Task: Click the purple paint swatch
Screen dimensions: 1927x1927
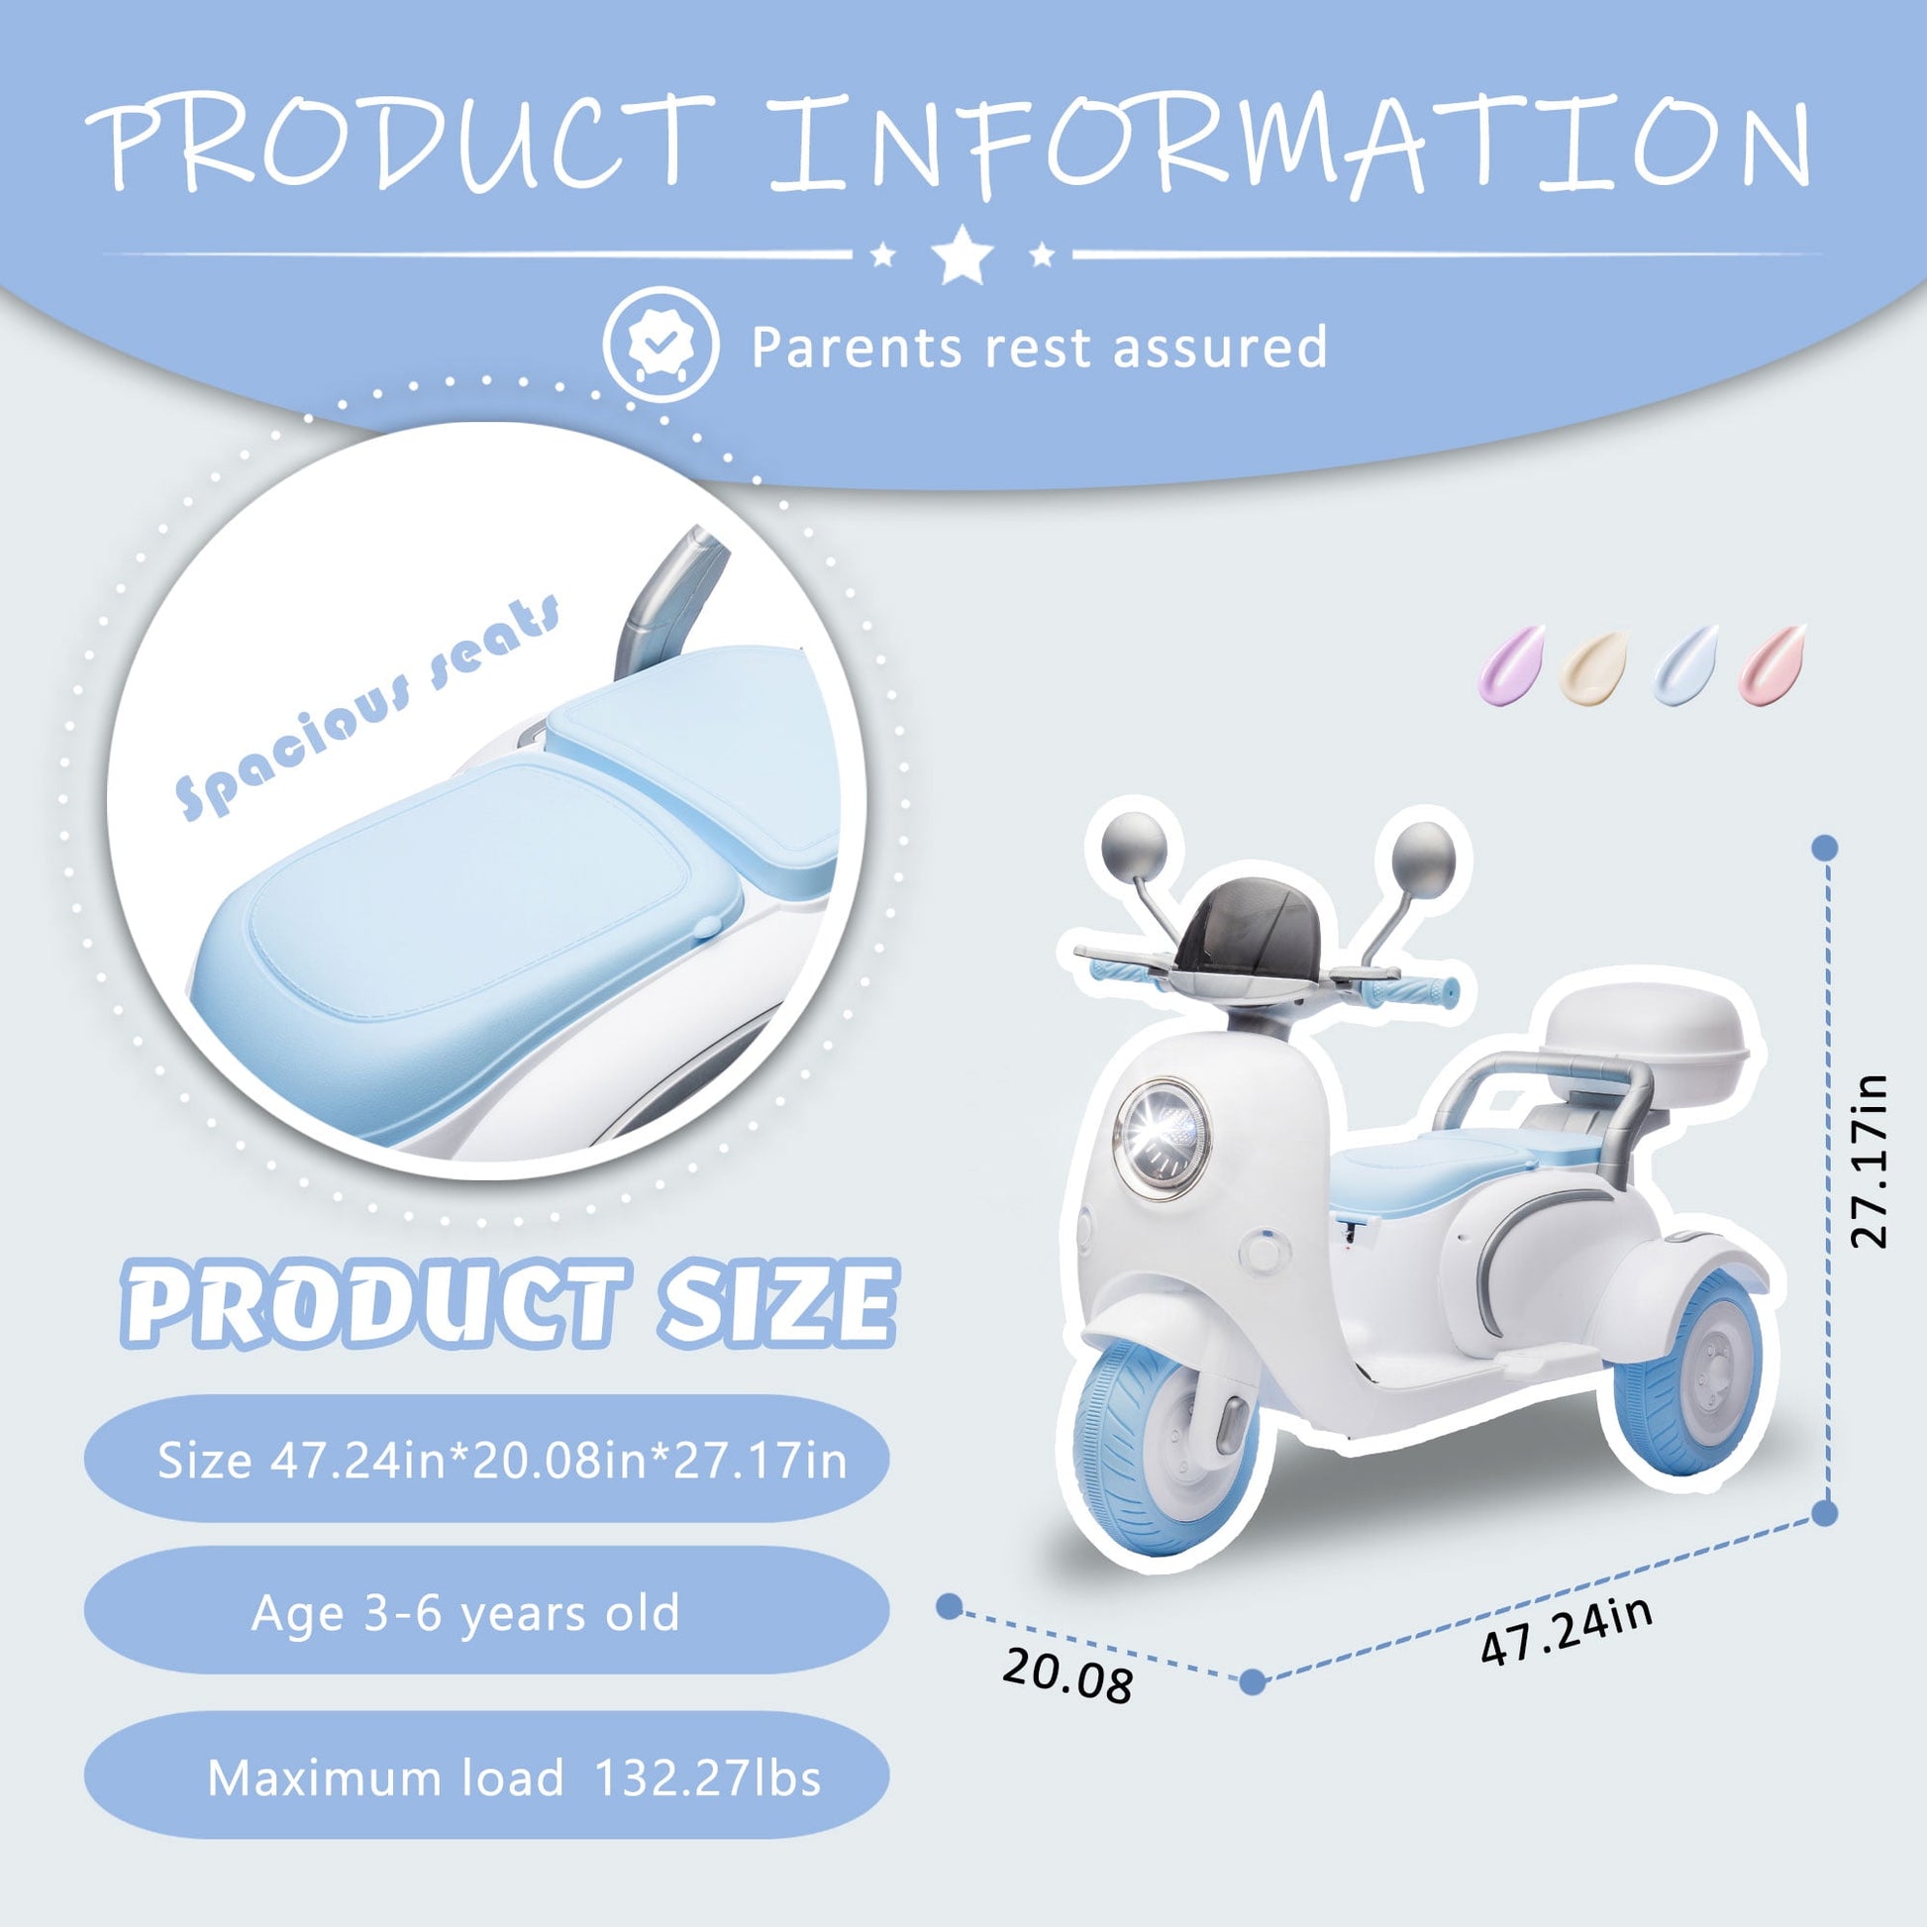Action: coord(1510,664)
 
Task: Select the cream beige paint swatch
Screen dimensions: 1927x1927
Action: coord(1594,666)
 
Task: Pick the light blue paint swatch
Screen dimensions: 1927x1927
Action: coord(1685,665)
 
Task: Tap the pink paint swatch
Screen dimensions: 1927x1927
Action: coord(1773,664)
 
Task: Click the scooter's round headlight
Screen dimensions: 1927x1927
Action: coord(1161,1138)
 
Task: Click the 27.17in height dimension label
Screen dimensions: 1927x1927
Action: coord(1869,1161)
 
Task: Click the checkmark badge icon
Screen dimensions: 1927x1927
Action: coord(660,345)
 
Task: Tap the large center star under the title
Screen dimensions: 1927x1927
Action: coord(962,254)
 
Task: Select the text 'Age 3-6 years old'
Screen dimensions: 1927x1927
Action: coord(465,1612)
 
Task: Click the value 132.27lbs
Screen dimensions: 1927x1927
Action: coord(707,1778)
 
